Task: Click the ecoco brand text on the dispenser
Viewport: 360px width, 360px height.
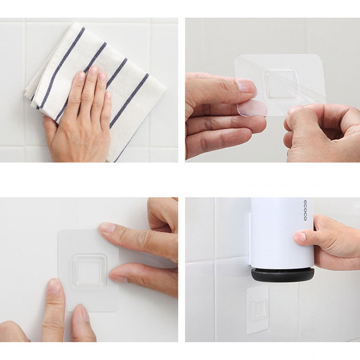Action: tap(305, 210)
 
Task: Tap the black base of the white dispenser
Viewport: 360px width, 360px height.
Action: tap(283, 275)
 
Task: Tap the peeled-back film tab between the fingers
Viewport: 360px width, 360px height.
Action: tap(252, 108)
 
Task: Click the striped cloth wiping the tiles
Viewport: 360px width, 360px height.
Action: tap(96, 85)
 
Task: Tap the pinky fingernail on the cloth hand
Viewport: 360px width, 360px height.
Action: tap(108, 95)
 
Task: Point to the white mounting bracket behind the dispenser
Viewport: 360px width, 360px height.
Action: tap(250, 239)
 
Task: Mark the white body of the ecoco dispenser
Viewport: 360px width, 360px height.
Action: tap(282, 232)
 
